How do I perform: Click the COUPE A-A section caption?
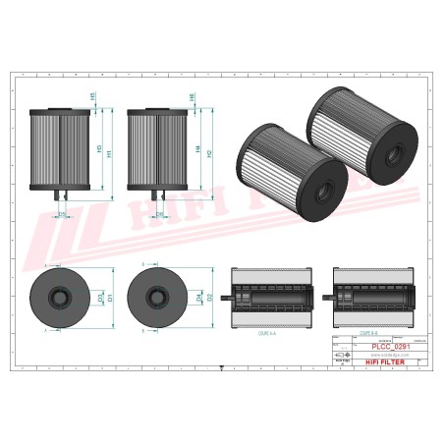coord(266,333)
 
